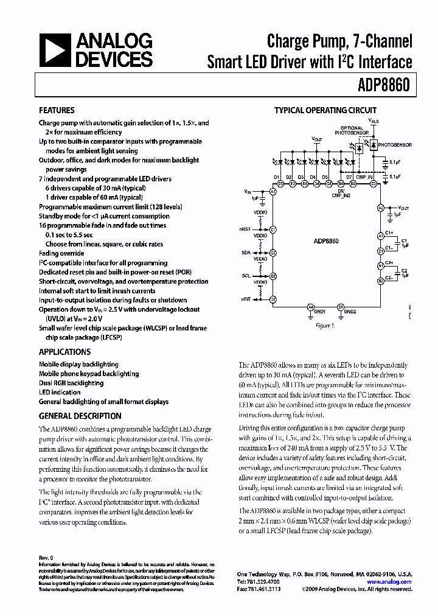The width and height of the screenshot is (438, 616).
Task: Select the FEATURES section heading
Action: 57,110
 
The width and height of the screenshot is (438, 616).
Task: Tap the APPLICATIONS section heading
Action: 64,352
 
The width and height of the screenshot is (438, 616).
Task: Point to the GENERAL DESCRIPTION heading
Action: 80,416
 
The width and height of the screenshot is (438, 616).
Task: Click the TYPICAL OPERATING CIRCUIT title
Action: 325,110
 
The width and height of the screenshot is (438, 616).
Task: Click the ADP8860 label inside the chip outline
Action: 326,241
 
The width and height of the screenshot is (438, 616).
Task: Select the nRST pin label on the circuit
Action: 246,229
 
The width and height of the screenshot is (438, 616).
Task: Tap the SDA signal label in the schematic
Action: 246,252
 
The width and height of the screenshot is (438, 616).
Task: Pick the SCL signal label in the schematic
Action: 246,276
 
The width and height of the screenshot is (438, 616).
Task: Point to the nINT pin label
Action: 246,299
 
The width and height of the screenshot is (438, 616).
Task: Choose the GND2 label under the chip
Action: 350,312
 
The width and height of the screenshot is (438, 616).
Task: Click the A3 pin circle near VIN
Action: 273,192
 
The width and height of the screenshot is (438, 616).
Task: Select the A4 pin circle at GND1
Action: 310,307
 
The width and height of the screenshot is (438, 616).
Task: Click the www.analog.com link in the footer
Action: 391,582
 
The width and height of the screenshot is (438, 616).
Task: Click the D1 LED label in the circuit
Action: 276,177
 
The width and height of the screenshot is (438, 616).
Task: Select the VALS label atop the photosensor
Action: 374,121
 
